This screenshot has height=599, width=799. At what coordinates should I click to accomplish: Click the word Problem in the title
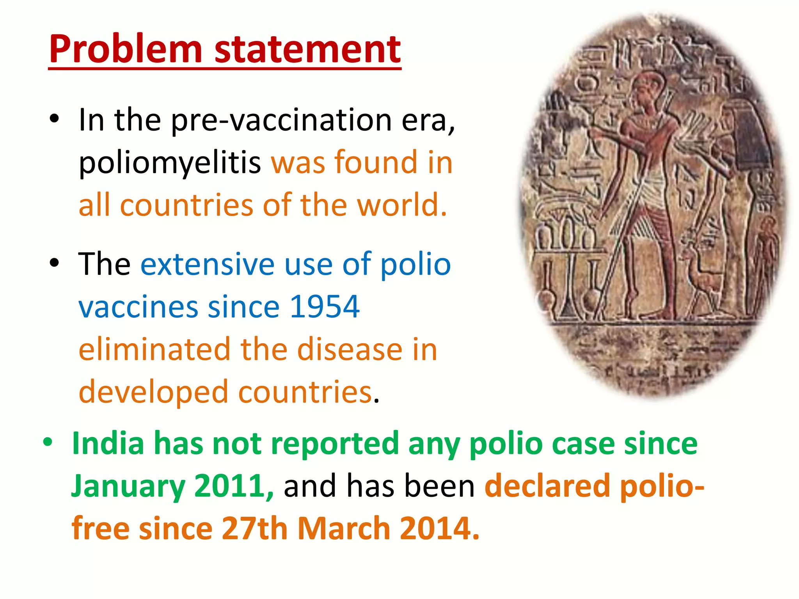[125, 50]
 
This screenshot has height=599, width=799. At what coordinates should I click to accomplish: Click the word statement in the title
[307, 50]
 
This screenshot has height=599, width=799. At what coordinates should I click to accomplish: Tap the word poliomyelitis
[170, 163]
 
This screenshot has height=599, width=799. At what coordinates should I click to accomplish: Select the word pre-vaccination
[281, 120]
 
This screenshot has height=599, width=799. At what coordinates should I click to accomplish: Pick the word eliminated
[154, 349]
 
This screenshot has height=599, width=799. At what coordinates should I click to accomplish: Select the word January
[128, 486]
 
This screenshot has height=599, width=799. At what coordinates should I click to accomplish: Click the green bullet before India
[48, 443]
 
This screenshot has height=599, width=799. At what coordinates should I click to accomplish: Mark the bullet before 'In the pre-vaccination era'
[54, 118]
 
